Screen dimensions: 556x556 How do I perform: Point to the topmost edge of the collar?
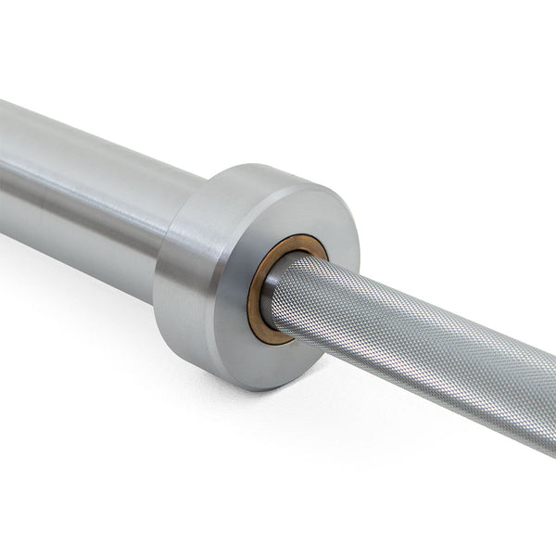[259, 167]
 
